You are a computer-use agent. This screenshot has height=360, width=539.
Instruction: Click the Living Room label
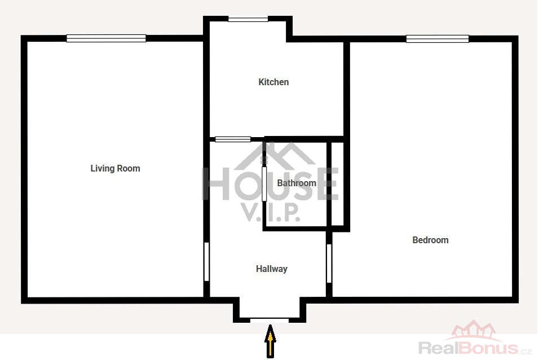click(x=115, y=168)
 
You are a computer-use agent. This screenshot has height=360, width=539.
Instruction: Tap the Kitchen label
click(x=273, y=82)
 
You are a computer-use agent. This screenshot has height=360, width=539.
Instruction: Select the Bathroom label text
click(x=297, y=183)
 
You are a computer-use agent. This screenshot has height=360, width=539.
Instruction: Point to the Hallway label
click(x=272, y=269)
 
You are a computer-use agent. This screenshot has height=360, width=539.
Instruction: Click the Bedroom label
click(x=430, y=240)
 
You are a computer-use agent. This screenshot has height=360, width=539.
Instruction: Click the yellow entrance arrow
click(x=271, y=341)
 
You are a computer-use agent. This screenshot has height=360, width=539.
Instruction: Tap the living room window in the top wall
click(x=106, y=38)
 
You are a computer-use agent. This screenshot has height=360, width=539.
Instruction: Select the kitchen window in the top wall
click(x=248, y=19)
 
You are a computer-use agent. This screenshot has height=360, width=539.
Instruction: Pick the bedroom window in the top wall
click(x=438, y=38)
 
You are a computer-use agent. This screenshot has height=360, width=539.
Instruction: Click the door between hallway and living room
click(x=206, y=262)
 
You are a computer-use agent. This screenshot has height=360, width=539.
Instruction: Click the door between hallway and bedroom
click(x=329, y=264)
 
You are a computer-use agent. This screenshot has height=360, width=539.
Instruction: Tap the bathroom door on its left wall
click(x=264, y=184)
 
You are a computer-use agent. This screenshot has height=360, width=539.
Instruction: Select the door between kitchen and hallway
click(x=233, y=139)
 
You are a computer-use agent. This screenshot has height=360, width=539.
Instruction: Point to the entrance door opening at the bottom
click(x=269, y=320)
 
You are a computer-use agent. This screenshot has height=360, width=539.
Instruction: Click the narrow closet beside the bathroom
click(x=338, y=184)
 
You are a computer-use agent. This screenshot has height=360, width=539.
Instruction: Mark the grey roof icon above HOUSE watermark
click(x=275, y=156)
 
